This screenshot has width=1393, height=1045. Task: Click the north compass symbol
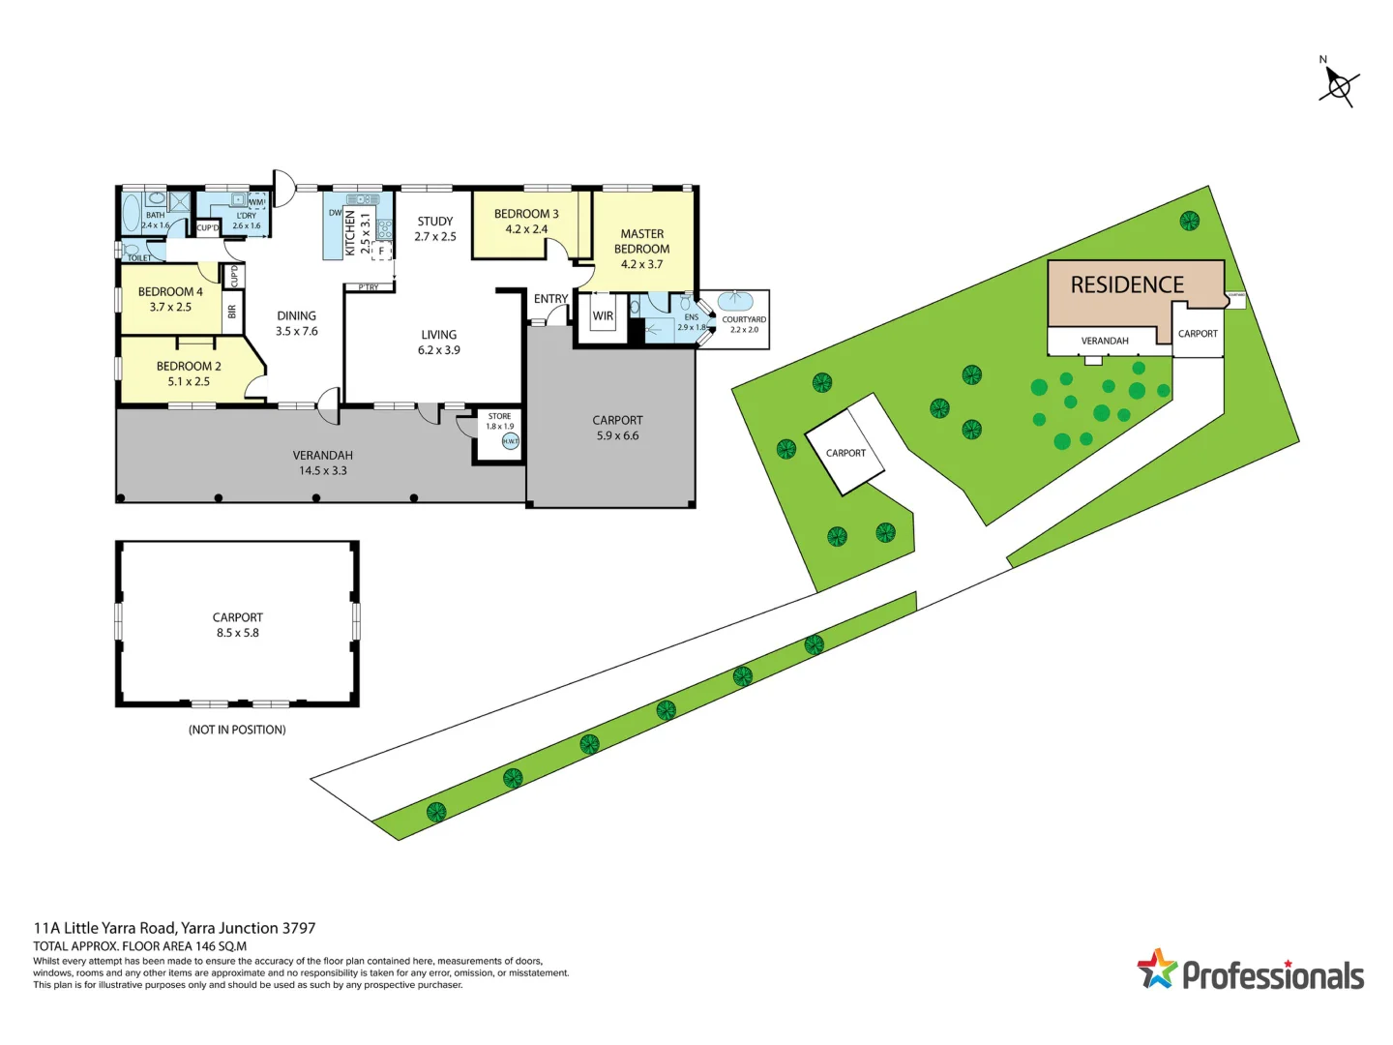click(1339, 86)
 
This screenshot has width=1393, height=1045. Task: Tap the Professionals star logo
click(1156, 969)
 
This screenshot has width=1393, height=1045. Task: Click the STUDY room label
click(435, 222)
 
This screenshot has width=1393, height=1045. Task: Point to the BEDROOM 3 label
click(526, 214)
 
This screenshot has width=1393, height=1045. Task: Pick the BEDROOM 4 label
click(170, 291)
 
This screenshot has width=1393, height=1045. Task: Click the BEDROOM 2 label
click(189, 367)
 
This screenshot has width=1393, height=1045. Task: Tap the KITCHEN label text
click(351, 233)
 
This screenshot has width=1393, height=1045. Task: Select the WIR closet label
click(603, 316)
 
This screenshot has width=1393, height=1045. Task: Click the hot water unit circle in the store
click(510, 441)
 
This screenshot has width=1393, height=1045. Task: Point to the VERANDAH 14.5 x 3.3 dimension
click(323, 471)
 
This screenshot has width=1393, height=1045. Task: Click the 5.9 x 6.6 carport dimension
click(617, 436)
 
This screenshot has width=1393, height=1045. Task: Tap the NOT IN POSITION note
click(237, 730)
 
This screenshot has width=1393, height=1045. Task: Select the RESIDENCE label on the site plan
click(1127, 285)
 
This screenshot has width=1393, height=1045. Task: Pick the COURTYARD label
click(744, 319)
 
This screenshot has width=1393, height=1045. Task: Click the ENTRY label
click(550, 299)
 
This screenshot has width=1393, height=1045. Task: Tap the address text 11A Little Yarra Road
click(174, 928)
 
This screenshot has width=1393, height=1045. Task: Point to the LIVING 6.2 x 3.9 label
click(439, 343)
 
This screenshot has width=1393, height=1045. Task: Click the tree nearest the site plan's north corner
click(1190, 221)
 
